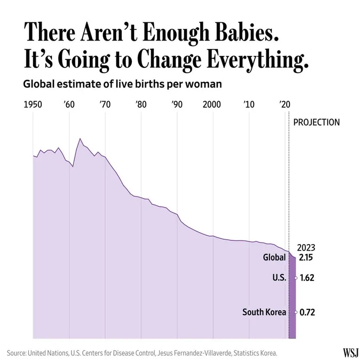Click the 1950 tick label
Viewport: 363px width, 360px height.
click(33, 105)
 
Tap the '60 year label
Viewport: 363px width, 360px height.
click(69, 105)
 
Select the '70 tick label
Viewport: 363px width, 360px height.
click(105, 105)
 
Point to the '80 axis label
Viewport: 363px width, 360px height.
click(141, 105)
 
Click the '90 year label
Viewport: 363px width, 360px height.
click(177, 105)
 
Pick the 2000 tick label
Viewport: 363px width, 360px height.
click(212, 105)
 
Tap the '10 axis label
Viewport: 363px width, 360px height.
click(249, 105)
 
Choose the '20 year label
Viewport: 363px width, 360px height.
click(285, 105)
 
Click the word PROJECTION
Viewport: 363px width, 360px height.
click(317, 122)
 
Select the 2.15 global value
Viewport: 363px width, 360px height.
click(306, 257)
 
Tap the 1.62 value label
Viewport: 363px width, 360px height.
click(307, 278)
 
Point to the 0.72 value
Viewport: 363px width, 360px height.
click(307, 312)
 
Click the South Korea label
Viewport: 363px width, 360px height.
click(264, 312)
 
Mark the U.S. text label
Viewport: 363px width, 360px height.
click(279, 278)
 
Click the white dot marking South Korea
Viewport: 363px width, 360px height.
click(296, 312)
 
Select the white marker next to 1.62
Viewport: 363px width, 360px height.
click(296, 278)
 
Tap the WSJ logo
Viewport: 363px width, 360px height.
click(350, 353)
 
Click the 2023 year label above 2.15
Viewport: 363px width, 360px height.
click(306, 248)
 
